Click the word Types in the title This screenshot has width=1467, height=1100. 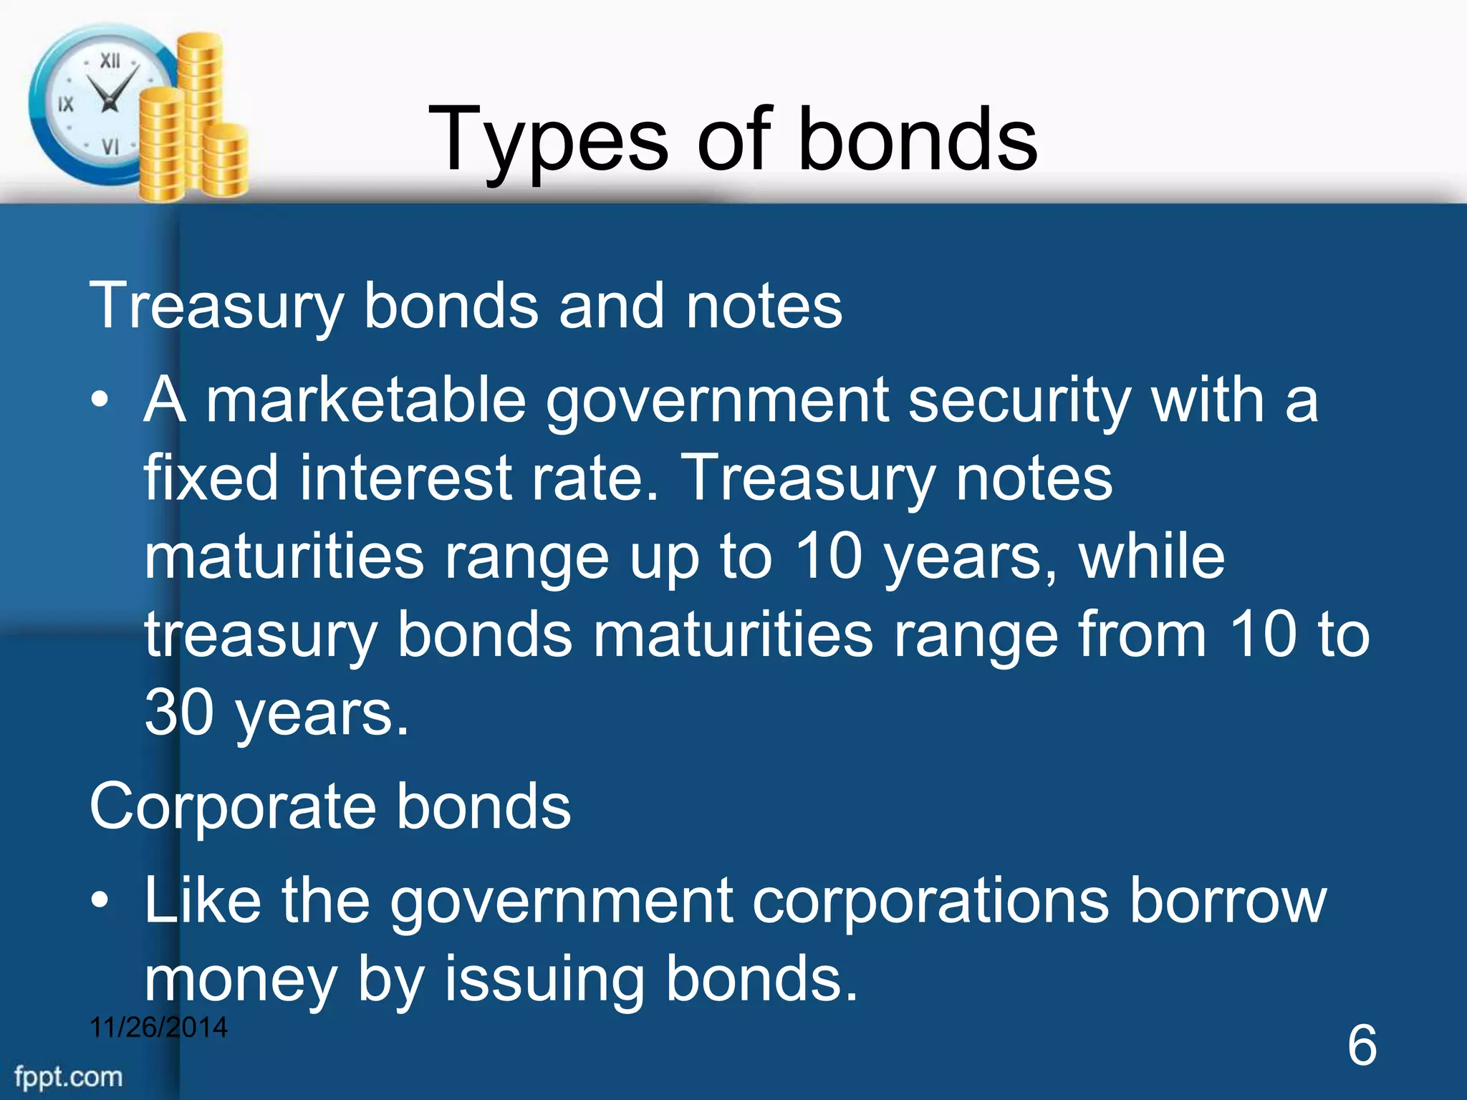pos(547,140)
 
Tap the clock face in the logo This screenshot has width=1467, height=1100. pos(100,104)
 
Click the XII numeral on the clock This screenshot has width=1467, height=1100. pos(110,61)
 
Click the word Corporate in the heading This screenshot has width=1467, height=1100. pos(232,806)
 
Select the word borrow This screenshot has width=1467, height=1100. pos(1228,900)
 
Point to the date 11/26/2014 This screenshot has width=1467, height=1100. pos(158,1027)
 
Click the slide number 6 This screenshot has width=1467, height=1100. pos(1362,1045)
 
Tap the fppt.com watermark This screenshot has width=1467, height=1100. pos(68,1077)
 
